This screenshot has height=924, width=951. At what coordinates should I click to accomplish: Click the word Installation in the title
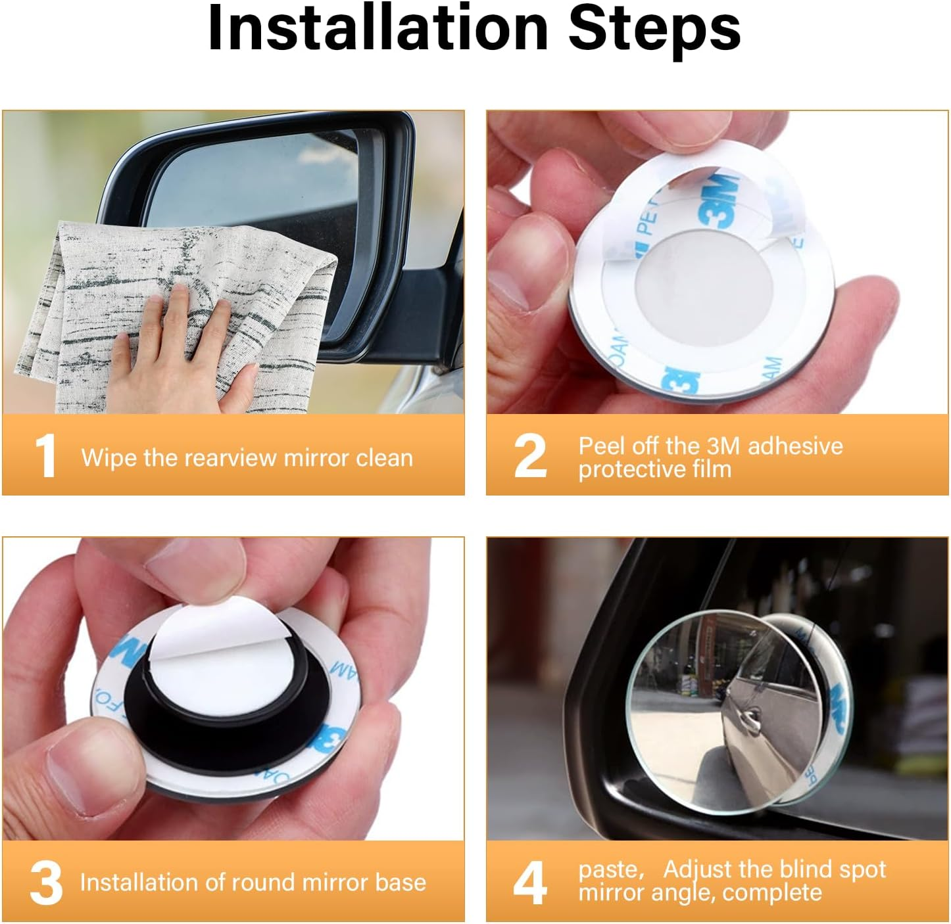click(x=378, y=28)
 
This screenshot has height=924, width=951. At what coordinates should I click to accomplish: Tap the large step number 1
click(x=45, y=456)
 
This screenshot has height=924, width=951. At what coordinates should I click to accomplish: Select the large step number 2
click(x=531, y=455)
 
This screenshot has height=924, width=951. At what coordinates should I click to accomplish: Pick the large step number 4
click(x=530, y=883)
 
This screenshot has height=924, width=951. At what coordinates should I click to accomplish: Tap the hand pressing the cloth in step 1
click(x=181, y=349)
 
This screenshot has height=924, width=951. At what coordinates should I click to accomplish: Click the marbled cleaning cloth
click(x=176, y=317)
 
